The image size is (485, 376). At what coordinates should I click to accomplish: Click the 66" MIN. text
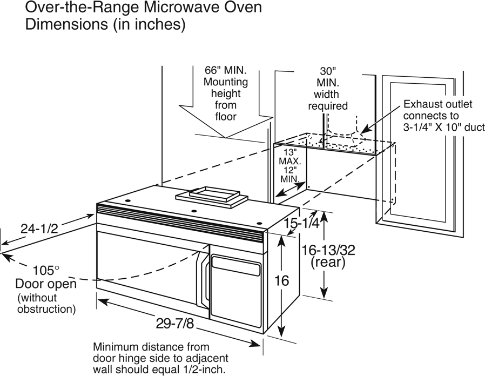tap(225, 71)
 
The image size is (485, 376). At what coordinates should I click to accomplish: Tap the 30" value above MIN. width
tap(327, 71)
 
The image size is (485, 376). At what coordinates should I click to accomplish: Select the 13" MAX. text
tap(293, 157)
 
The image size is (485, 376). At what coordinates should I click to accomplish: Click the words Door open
tap(45, 284)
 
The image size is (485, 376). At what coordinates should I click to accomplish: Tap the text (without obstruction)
tap(46, 303)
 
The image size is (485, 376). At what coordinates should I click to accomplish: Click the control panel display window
tap(235, 265)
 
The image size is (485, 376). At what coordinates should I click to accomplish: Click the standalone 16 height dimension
tap(281, 281)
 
